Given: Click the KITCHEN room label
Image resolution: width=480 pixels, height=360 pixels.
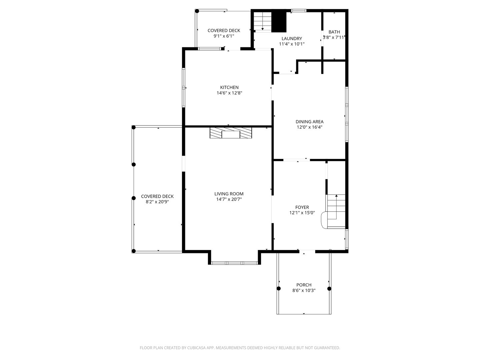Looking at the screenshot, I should coord(229,87).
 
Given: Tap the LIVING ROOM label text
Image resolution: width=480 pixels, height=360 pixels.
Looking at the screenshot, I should coord(229,194).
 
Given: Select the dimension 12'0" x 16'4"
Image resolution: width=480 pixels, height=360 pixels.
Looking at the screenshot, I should coord(309,127).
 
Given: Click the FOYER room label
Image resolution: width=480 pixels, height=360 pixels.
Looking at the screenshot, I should coord(302,207).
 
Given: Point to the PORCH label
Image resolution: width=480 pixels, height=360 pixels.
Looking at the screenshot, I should coord(304,285).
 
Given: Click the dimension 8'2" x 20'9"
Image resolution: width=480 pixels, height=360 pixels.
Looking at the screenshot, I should coord(157,202).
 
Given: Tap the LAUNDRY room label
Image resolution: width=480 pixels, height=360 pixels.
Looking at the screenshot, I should coord(291,38).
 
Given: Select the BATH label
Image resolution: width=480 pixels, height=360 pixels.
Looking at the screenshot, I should coord(334,32).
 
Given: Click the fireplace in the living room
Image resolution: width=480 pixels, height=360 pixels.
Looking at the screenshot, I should coord(231,133).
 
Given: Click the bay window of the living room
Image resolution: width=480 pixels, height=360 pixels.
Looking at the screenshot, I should coord(235,263).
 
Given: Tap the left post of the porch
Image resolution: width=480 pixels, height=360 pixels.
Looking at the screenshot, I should coord(279,288).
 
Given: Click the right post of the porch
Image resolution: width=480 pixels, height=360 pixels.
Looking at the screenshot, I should coord(329,288).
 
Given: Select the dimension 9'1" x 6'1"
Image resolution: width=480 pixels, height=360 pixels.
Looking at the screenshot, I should coord(224,36).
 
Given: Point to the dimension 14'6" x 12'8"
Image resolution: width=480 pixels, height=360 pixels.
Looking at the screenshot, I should coord(229,93).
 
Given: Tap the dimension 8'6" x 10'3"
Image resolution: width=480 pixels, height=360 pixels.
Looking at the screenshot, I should coord(304,290).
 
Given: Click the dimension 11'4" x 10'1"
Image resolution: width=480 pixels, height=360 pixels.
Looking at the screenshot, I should coord(291,44).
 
